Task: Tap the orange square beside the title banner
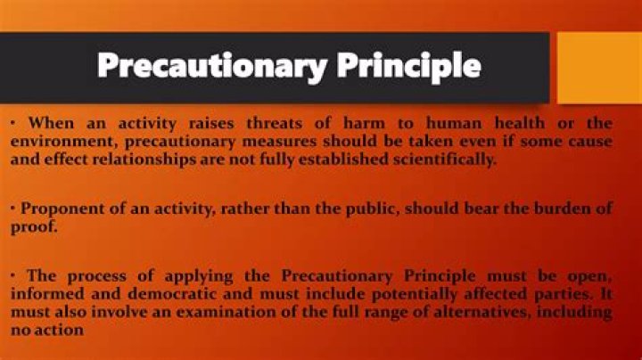click(598, 68)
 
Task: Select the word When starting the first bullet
click(49, 122)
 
